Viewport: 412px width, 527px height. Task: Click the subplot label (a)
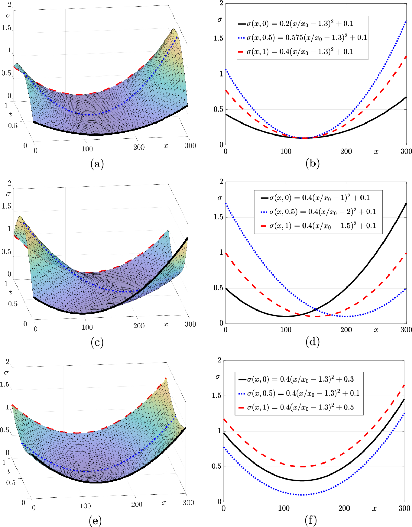click(x=97, y=164)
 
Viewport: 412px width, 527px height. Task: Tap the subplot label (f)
click(x=310, y=520)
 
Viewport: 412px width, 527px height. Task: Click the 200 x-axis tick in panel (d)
click(x=346, y=330)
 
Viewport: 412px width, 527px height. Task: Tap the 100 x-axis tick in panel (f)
click(x=284, y=508)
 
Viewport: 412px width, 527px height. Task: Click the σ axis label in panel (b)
click(x=220, y=20)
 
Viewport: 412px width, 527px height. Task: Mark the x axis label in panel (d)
click(x=376, y=330)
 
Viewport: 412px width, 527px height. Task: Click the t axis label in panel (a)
click(x=10, y=114)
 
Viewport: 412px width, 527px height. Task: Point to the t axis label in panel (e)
click(x=9, y=471)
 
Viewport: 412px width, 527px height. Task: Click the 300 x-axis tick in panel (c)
click(x=190, y=324)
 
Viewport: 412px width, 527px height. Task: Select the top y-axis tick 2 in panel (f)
click(x=219, y=360)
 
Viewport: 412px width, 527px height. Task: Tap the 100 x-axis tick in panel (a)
click(x=87, y=149)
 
